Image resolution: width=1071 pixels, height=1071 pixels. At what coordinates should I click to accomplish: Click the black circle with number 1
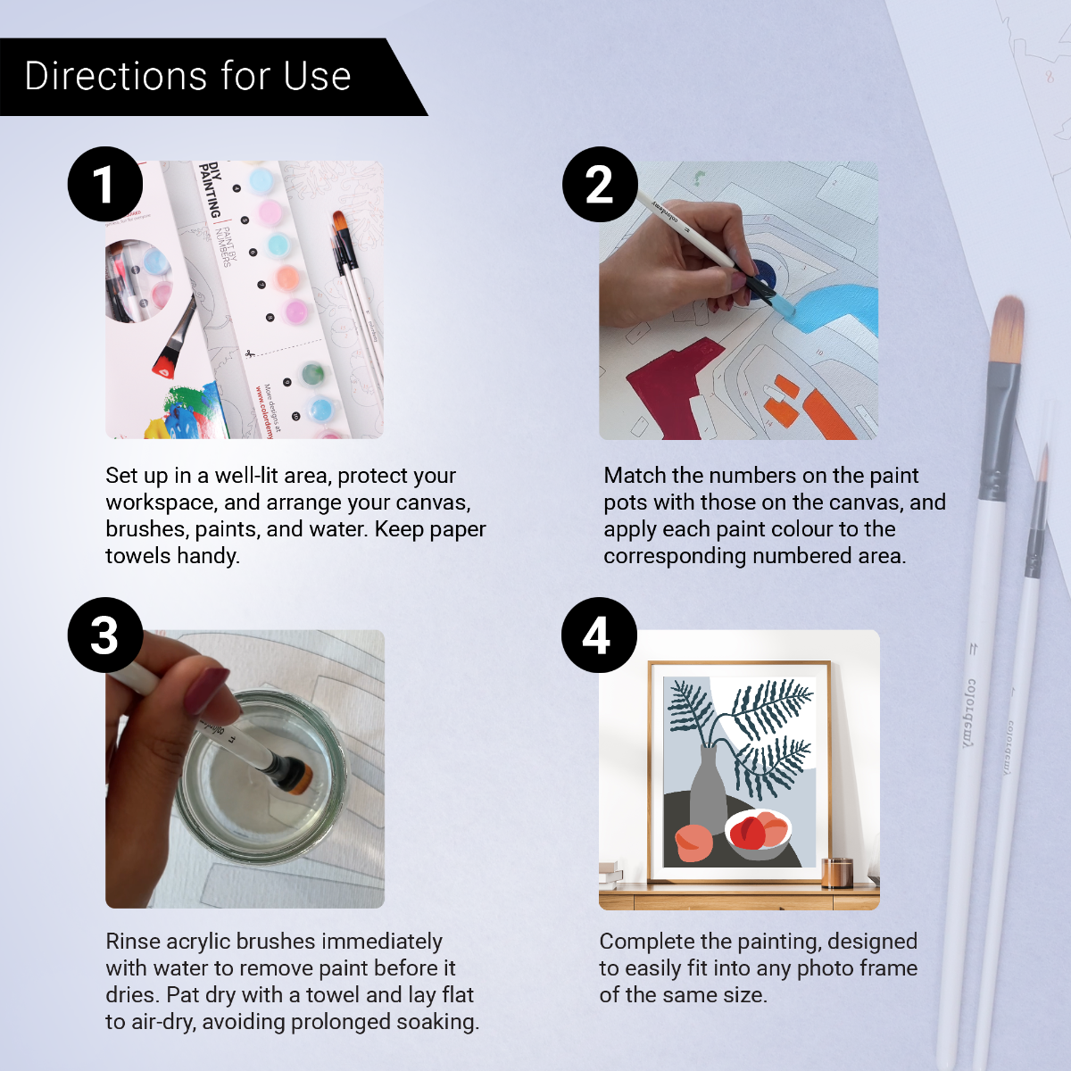(x=105, y=184)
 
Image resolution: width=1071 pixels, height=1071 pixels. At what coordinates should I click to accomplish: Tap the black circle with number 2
(x=600, y=184)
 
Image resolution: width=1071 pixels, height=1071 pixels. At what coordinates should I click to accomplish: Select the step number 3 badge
(x=105, y=635)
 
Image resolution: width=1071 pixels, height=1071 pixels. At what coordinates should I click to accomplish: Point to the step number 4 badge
(x=599, y=635)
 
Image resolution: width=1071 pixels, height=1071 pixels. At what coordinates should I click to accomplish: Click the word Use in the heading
(x=317, y=77)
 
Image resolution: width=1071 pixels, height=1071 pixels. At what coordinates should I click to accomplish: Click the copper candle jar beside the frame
(x=836, y=872)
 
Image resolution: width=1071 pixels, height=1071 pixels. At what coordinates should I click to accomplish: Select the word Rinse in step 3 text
(x=133, y=942)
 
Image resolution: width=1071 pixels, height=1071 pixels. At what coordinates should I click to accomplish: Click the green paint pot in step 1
(x=312, y=373)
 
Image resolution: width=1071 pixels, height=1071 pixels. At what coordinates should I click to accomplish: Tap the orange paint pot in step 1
(x=287, y=278)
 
